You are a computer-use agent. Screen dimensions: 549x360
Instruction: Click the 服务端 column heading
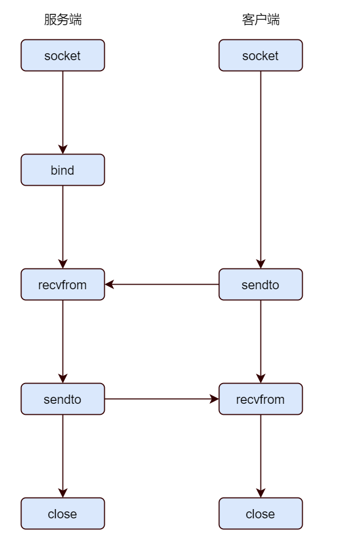click(63, 20)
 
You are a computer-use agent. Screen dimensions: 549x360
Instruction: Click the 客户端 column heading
click(260, 20)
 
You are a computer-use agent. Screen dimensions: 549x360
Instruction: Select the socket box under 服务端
click(63, 56)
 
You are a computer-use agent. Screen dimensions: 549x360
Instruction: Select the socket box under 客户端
click(260, 56)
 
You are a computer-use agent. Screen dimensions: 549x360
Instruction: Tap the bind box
click(63, 170)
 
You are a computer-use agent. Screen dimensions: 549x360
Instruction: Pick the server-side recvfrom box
click(63, 285)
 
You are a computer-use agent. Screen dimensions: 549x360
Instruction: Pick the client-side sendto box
click(260, 285)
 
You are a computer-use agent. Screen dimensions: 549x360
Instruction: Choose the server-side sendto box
click(63, 399)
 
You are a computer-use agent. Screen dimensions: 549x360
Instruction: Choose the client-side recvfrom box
click(260, 399)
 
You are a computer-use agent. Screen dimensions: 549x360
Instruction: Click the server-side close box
click(63, 514)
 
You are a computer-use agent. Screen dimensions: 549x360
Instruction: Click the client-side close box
click(260, 514)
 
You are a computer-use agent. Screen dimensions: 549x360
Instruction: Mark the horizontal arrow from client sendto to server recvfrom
click(162, 285)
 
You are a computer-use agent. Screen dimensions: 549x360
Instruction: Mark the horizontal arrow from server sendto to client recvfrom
click(162, 399)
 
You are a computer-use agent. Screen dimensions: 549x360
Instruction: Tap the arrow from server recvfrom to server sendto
click(63, 342)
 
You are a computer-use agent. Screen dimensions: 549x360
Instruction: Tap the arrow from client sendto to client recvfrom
click(260, 342)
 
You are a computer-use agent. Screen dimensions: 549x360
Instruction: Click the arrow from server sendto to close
click(63, 456)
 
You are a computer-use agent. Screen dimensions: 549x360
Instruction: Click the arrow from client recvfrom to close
click(260, 456)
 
